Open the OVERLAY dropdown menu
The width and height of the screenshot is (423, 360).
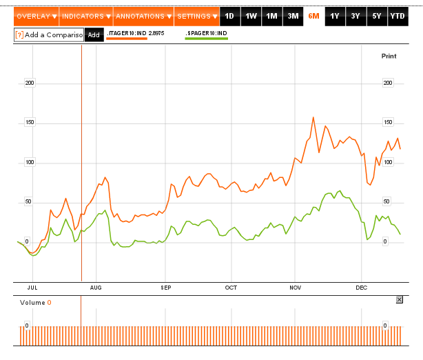(x=37, y=17)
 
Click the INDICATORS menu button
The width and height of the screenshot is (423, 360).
(x=86, y=17)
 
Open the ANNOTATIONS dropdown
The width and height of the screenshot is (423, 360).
(x=143, y=17)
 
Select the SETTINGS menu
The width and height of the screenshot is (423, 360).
(x=197, y=17)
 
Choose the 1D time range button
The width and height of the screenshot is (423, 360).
(x=229, y=17)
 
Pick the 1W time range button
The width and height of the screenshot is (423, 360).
(x=251, y=17)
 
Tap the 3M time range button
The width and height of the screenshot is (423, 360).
(x=293, y=17)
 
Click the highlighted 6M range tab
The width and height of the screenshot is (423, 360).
(x=313, y=17)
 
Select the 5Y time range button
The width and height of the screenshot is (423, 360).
(x=377, y=17)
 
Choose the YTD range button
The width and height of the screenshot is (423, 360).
(x=398, y=17)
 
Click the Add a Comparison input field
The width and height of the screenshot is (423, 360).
(x=49, y=35)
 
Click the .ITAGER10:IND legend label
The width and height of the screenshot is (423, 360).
(x=127, y=33)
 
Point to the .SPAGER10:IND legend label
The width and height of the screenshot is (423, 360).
(x=207, y=33)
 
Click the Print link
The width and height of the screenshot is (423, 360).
(x=389, y=56)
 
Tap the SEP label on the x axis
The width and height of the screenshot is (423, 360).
(x=166, y=288)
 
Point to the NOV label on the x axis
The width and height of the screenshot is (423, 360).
(x=295, y=288)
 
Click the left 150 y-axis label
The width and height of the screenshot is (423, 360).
(x=30, y=122)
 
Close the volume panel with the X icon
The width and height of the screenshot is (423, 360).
(x=400, y=299)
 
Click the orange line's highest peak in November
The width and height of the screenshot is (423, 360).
(x=313, y=117)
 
